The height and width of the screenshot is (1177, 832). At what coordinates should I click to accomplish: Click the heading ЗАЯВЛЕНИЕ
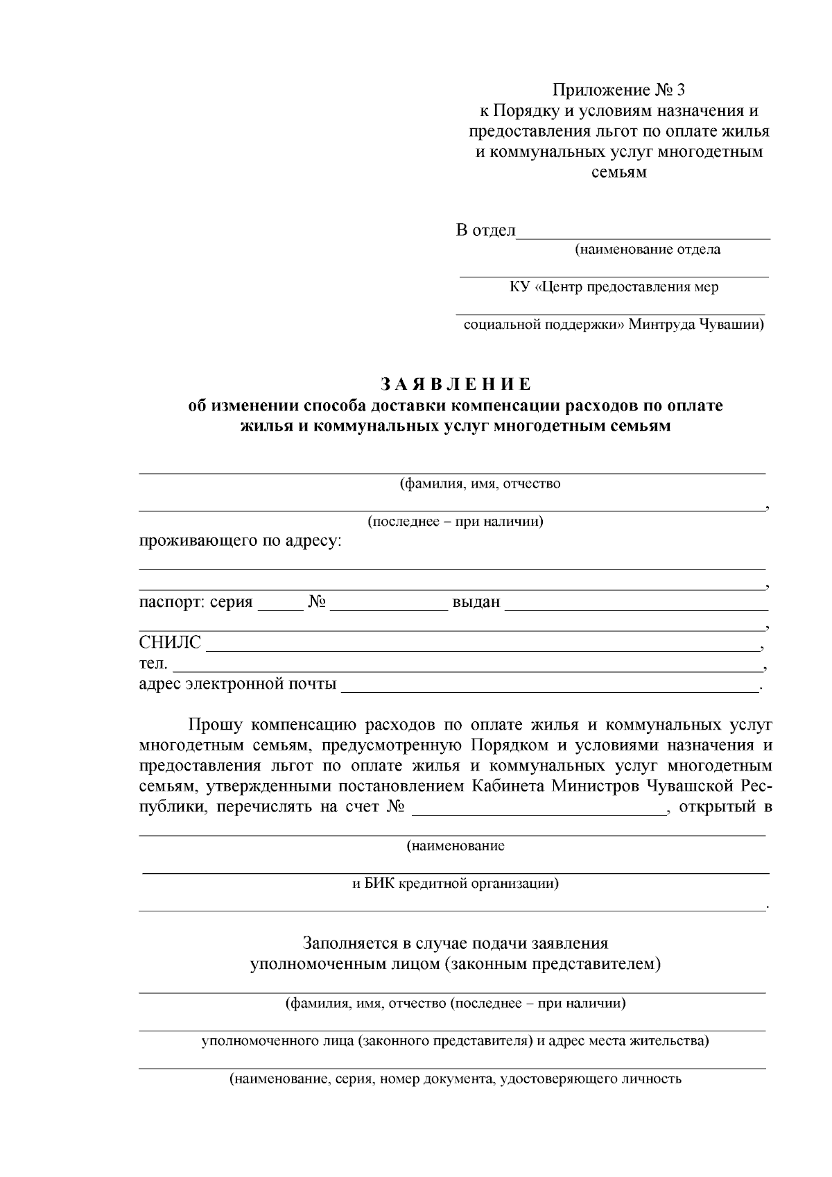click(x=456, y=384)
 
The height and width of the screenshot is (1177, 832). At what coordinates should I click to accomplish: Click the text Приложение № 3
click(x=618, y=90)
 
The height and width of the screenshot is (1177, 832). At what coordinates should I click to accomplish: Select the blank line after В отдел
click(x=643, y=232)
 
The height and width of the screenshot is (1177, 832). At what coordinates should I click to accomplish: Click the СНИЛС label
click(x=170, y=643)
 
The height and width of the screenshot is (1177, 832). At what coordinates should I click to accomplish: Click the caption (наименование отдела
click(x=647, y=250)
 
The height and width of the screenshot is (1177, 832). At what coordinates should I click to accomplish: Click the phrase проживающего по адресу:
click(x=241, y=541)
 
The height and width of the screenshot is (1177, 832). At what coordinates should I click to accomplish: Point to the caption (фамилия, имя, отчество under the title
click(x=480, y=484)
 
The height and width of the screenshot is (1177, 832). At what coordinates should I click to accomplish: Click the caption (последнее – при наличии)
click(x=456, y=522)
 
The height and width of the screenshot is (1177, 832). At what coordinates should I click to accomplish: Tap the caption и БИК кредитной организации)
click(x=456, y=884)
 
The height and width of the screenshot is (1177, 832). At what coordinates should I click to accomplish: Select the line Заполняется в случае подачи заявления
click(x=456, y=943)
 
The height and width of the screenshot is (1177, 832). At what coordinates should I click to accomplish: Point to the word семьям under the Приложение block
click(x=618, y=173)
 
